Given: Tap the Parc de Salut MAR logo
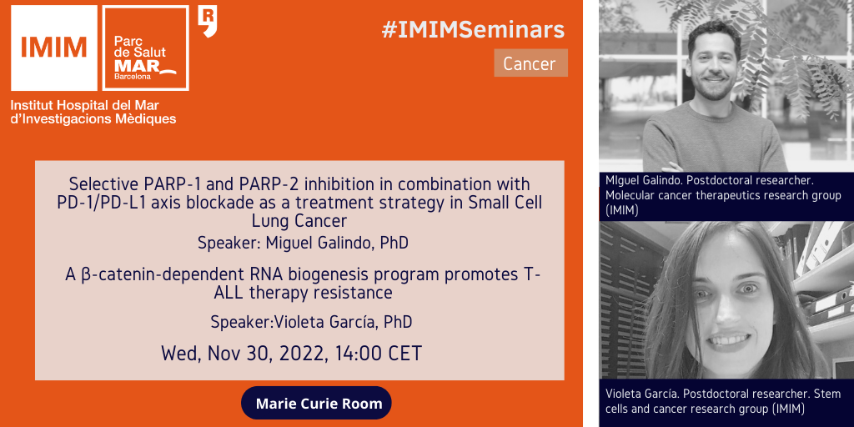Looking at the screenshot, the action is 145,48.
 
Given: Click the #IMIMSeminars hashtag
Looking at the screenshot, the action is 473,31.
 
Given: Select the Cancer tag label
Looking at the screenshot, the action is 530,63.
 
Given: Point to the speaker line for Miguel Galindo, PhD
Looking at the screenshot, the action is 303,243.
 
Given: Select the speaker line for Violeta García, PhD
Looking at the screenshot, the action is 311,322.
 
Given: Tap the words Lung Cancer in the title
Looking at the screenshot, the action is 299,221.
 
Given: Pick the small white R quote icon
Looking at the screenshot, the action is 207,21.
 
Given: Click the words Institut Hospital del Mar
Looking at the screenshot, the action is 84,105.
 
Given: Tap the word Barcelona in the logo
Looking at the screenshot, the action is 129,78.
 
